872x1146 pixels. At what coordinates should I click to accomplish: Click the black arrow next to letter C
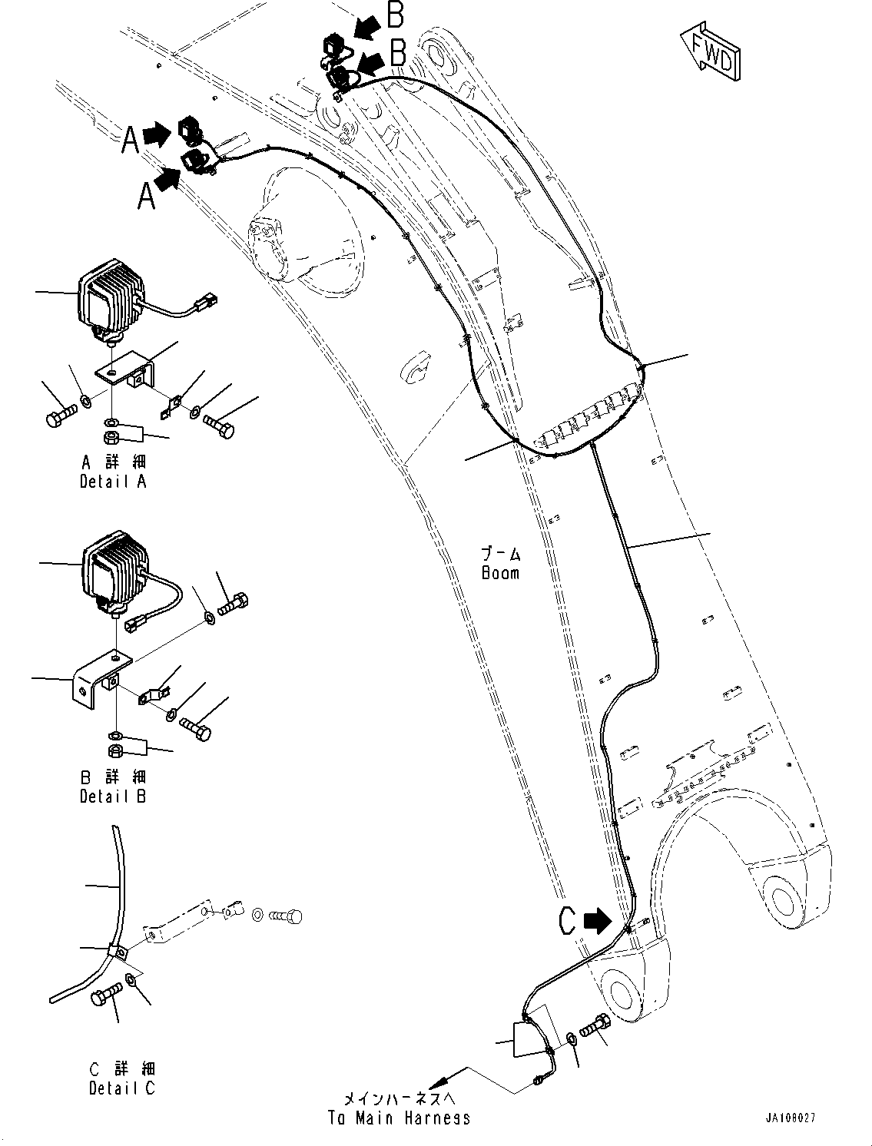pos(595,920)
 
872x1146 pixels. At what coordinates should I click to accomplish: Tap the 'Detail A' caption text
pos(113,482)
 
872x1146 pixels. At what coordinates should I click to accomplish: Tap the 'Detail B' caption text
pos(113,797)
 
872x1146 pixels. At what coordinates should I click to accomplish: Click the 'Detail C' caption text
pos(121,1088)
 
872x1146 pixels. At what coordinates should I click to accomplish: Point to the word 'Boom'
pos(500,573)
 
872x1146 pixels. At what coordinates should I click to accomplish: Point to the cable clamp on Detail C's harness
pos(117,952)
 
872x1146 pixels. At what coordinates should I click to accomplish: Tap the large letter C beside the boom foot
pos(567,920)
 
